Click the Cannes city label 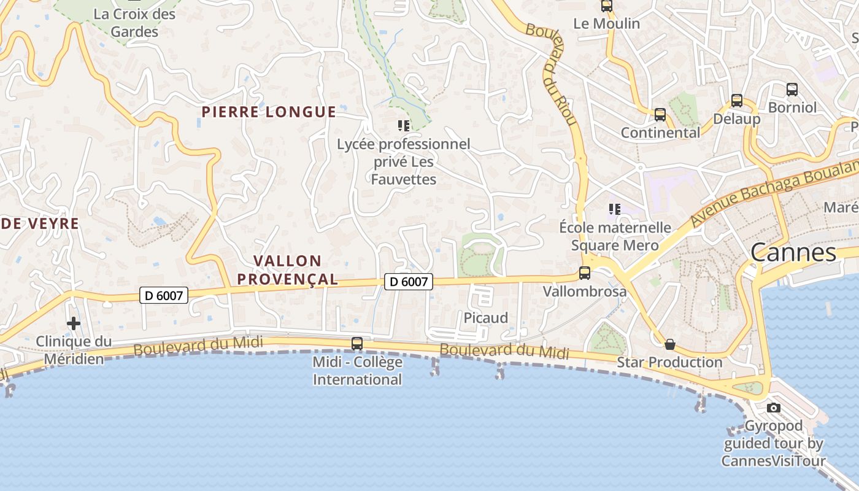pyautogui.click(x=793, y=252)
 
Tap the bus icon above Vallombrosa pyautogui.click(x=585, y=273)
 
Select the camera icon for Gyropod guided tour pyautogui.click(x=774, y=408)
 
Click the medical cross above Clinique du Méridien pyautogui.click(x=74, y=323)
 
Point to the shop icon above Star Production pyautogui.click(x=670, y=344)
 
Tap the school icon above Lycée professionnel pyautogui.click(x=403, y=126)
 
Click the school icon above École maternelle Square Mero pyautogui.click(x=615, y=209)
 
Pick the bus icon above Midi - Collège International pyautogui.click(x=357, y=344)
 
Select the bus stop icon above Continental pyautogui.click(x=660, y=115)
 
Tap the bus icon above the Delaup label pyautogui.click(x=737, y=101)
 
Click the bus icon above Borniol pyautogui.click(x=792, y=90)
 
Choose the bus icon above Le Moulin pyautogui.click(x=607, y=6)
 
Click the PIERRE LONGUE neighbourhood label pyautogui.click(x=269, y=112)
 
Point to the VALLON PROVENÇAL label pyautogui.click(x=287, y=270)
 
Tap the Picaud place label pyautogui.click(x=486, y=318)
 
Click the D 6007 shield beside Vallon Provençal pyautogui.click(x=409, y=282)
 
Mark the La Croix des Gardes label pyautogui.click(x=134, y=23)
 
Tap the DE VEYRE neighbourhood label pyautogui.click(x=40, y=223)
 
